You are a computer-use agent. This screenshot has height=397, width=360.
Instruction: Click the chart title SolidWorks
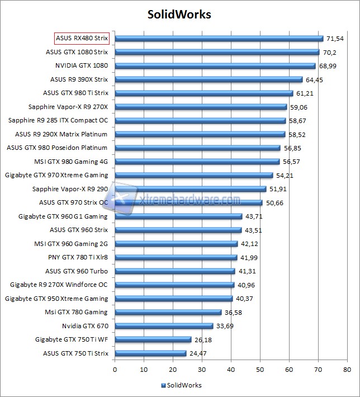[x=180, y=14]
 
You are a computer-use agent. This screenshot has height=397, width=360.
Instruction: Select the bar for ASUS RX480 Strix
[x=219, y=39]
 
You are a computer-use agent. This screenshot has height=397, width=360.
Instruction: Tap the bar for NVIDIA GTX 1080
[x=215, y=66]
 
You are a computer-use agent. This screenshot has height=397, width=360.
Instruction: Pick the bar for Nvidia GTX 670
[x=164, y=326]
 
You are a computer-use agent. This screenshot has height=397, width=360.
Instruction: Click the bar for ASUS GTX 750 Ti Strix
[x=150, y=353]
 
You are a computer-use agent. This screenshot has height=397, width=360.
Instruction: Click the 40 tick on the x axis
[x=231, y=370]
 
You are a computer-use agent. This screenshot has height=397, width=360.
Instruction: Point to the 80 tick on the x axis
[x=347, y=370]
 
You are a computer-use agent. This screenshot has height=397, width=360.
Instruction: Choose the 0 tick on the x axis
[x=115, y=370]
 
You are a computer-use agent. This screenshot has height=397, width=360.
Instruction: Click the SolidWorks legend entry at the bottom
[x=181, y=385]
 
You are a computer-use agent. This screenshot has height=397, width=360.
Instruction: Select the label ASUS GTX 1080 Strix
[x=77, y=52]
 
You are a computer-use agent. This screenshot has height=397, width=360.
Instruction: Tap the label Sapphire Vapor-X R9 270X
[x=68, y=107]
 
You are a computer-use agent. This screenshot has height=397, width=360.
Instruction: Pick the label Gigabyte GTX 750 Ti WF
[x=72, y=339]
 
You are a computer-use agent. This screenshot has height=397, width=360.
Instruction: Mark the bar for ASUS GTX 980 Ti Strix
[x=204, y=93]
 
